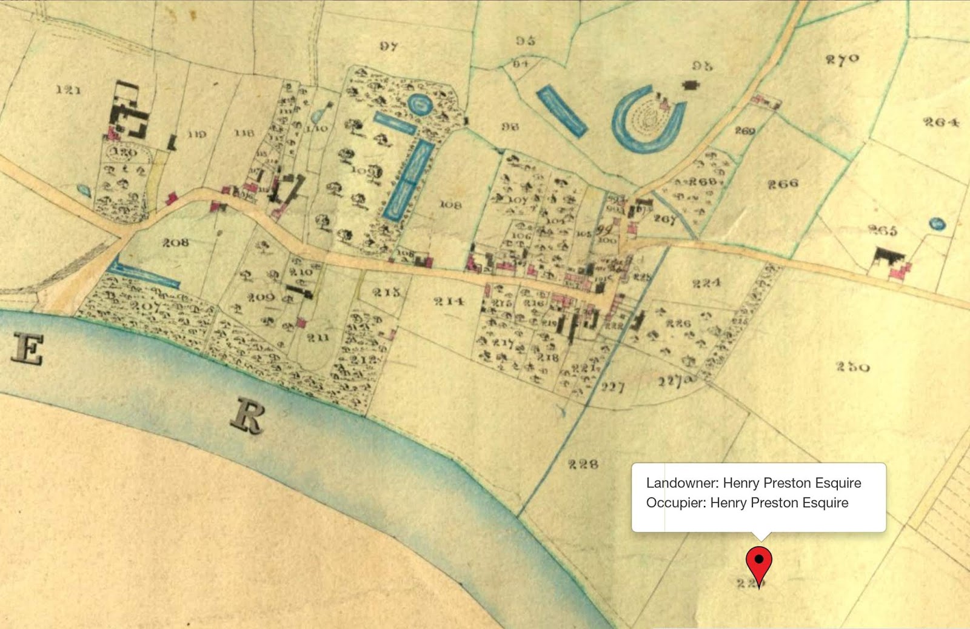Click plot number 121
68,90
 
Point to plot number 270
842,59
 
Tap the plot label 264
941,122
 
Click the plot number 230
852,367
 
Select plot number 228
583,464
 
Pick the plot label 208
175,242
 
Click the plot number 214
448,301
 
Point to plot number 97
389,46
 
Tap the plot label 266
783,183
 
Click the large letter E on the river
27,350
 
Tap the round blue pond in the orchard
419,105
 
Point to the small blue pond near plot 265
937,224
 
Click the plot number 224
706,282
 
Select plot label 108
450,205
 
